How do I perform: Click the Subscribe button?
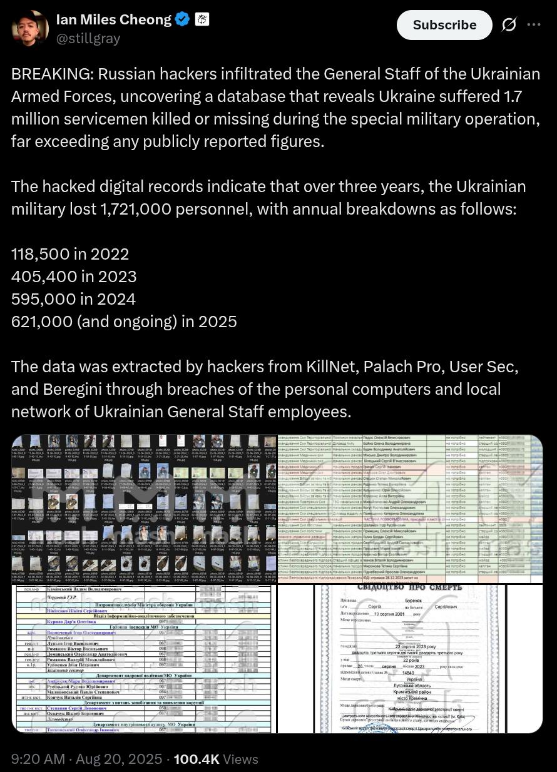pyautogui.click(x=444, y=25)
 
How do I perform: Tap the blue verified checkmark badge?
pyautogui.click(x=182, y=19)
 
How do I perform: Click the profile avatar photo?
pyautogui.click(x=29, y=28)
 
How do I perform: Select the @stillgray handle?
pyautogui.click(x=88, y=38)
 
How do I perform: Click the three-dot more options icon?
pyautogui.click(x=533, y=24)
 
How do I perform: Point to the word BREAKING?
pyautogui.click(x=51, y=74)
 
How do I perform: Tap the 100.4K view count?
pyautogui.click(x=196, y=759)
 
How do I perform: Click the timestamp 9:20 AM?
pyautogui.click(x=38, y=759)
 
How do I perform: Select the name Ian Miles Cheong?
pyautogui.click(x=113, y=19)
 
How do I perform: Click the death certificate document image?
pyautogui.click(x=410, y=658)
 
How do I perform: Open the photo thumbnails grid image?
pyautogui.click(x=144, y=508)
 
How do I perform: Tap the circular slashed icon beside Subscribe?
pyautogui.click(x=509, y=24)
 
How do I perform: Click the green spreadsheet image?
pyautogui.click(x=410, y=508)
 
